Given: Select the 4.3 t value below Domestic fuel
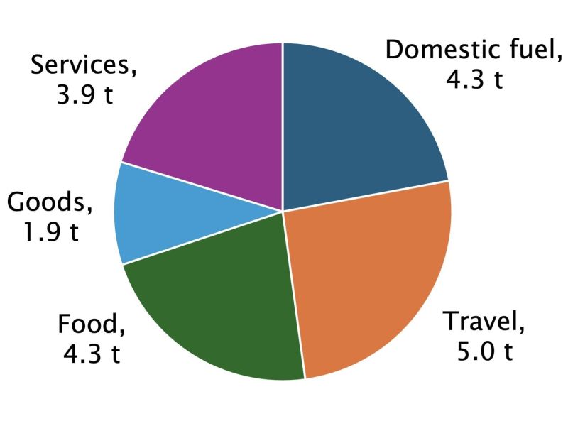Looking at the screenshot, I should [x=474, y=79].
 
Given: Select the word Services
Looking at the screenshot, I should [x=80, y=65].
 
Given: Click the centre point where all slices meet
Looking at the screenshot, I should [x=283, y=211].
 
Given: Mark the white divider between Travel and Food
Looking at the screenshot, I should [x=294, y=295].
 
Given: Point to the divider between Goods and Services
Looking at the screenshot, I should [x=202, y=187].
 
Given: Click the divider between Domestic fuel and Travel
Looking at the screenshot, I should [x=366, y=196].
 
